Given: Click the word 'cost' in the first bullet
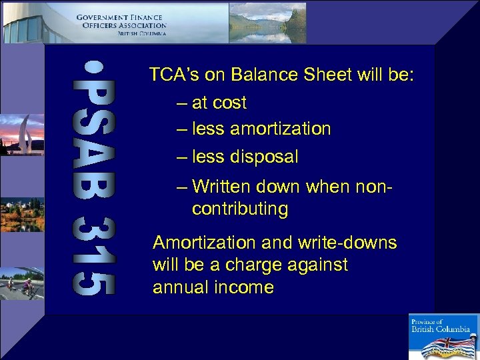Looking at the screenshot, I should pos(230,103).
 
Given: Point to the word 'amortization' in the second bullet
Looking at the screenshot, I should pos(281,129).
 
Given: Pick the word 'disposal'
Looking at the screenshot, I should pos(264,157).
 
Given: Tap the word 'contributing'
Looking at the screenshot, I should pos(240,209).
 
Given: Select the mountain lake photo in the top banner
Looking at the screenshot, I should pos(267,22).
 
